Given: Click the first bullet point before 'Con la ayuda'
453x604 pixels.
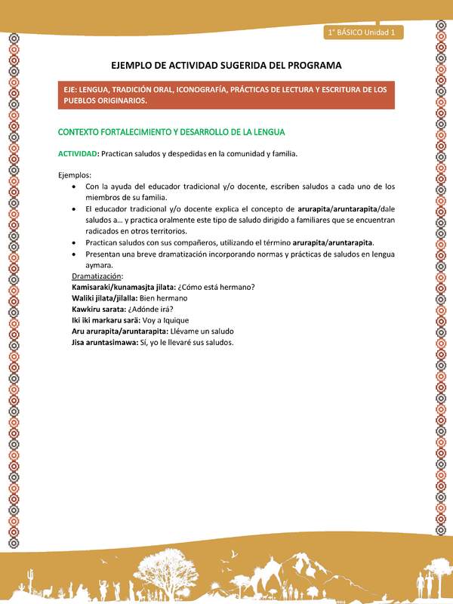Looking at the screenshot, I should click(x=72, y=186).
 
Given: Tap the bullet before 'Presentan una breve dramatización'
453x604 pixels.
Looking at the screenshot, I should click(x=72, y=254).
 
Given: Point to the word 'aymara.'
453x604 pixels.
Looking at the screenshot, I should click(x=100, y=266).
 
